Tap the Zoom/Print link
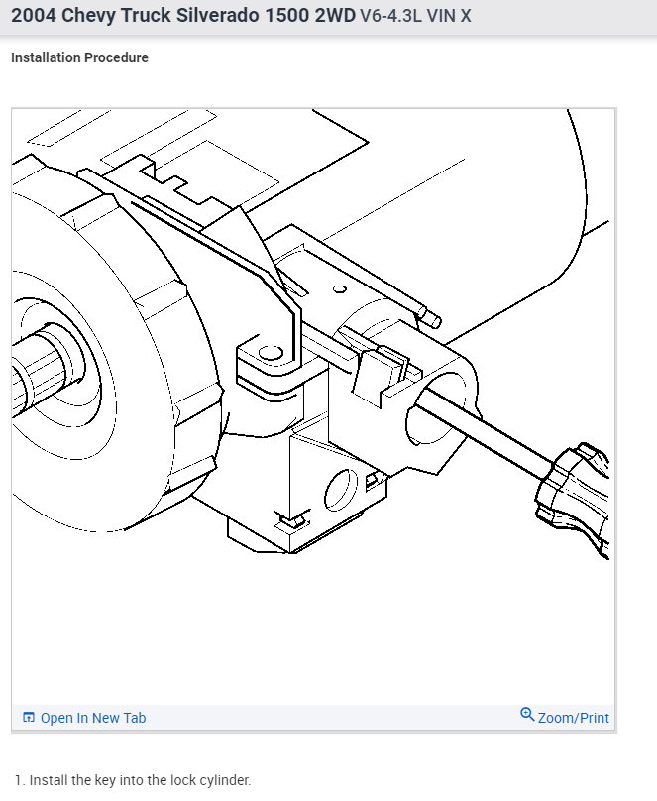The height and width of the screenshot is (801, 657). tap(574, 718)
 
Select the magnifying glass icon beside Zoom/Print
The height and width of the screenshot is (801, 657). tap(527, 714)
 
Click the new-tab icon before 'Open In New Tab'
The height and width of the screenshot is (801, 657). tap(29, 717)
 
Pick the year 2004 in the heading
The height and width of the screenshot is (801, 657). tap(34, 15)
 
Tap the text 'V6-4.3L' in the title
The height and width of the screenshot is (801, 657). tap(391, 16)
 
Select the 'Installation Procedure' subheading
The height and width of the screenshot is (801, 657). tap(79, 57)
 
